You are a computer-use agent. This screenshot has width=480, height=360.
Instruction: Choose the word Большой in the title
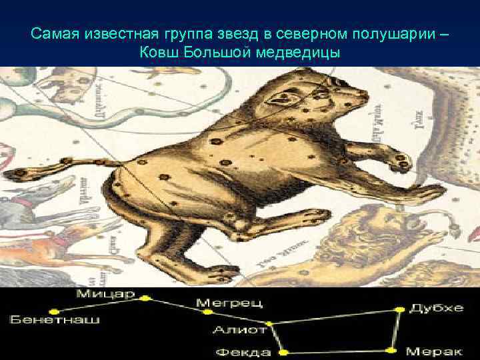coord(217,52)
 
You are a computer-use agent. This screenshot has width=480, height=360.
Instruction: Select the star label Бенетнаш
coord(54,319)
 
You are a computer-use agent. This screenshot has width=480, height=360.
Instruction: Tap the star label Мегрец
coord(229,303)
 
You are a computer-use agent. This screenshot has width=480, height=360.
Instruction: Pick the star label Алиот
coord(239,329)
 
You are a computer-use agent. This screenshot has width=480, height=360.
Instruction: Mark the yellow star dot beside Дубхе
coord(400,309)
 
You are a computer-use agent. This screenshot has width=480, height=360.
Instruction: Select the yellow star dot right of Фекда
coord(283,351)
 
